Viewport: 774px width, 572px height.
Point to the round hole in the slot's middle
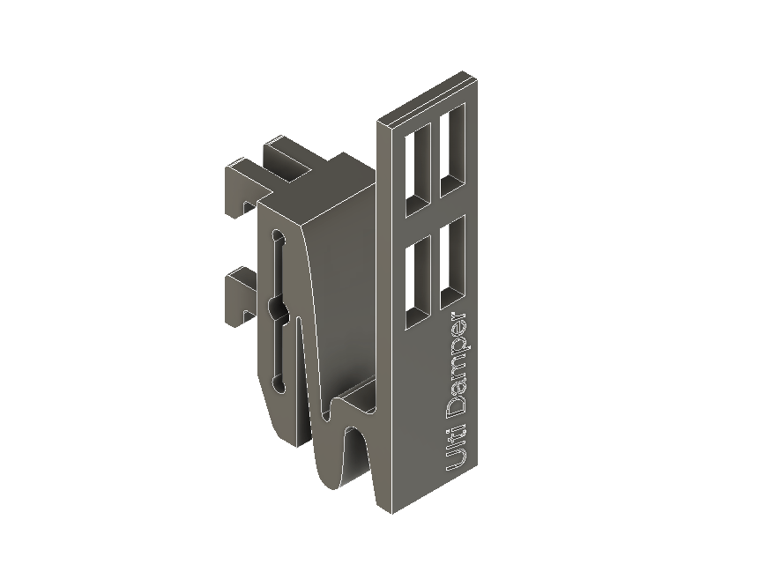[278, 308]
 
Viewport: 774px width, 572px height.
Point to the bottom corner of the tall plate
[384, 509]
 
